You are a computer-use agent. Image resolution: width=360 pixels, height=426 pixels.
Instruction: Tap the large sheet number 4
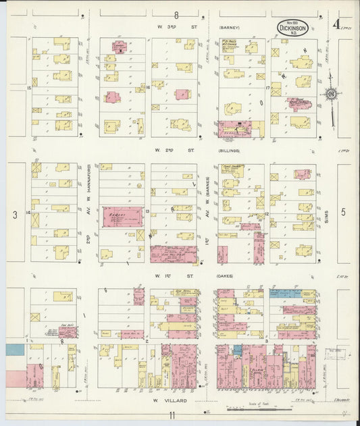pyautogui.click(x=336, y=26)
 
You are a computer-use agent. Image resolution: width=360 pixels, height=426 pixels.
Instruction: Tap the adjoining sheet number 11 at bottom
pyautogui.click(x=172, y=415)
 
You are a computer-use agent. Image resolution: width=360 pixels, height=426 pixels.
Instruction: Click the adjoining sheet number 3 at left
pyautogui.click(x=14, y=214)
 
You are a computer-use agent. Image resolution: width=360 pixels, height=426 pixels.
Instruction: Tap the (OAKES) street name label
pyautogui.click(x=228, y=275)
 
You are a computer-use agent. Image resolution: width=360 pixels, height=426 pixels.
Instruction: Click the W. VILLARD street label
pyautogui.click(x=170, y=400)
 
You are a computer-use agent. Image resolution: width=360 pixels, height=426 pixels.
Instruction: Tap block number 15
pyautogui.click(x=29, y=87)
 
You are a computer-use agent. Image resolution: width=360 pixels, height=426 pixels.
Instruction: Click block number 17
pyautogui.click(x=268, y=87)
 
